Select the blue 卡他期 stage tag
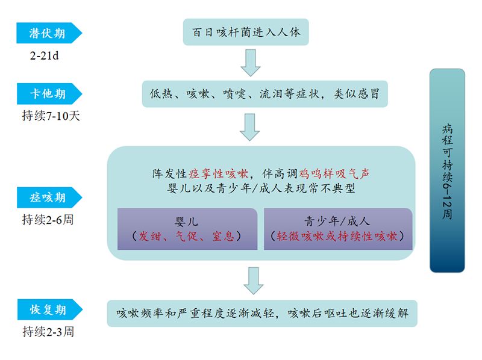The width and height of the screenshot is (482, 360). (49, 94)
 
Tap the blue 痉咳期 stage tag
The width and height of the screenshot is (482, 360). (49, 197)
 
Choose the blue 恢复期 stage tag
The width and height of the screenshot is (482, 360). (49, 310)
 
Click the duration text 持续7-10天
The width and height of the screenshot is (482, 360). (51, 116)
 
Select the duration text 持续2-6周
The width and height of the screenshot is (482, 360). (48, 220)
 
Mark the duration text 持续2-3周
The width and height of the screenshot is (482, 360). (48, 332)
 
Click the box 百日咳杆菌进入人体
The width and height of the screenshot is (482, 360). (246, 32)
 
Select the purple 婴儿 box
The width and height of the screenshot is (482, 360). (187, 229)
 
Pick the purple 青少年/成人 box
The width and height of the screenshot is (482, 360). (337, 229)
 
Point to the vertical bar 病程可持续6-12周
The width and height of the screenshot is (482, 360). (447, 170)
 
